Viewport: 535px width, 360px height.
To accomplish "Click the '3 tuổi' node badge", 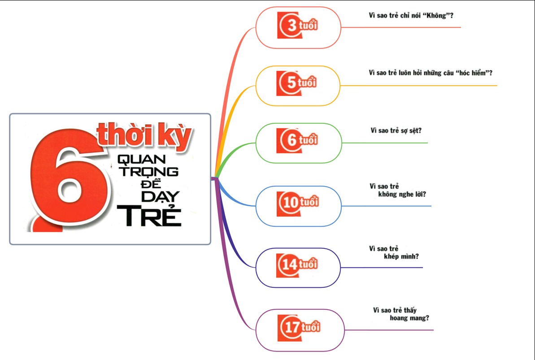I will (x=297, y=26).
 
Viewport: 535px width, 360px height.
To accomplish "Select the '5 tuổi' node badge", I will (x=297, y=84).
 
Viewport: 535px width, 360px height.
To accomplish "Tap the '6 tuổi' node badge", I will (x=297, y=140).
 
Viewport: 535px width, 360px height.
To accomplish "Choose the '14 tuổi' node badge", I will (x=297, y=265).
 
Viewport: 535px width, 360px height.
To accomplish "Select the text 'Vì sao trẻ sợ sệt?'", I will (x=396, y=130).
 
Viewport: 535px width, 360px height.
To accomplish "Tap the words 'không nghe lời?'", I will (x=402, y=194).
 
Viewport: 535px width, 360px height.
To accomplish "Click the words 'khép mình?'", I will (x=402, y=256).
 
